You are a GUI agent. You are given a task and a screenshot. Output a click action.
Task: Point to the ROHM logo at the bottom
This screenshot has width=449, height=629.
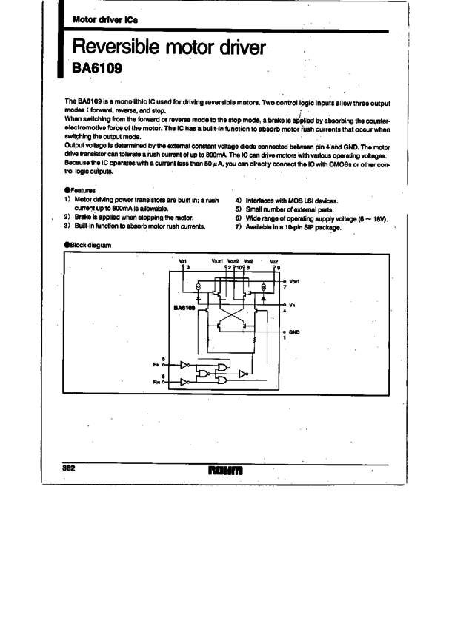coord(225,470)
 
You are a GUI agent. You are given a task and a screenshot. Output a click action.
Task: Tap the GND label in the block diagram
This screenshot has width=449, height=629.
coord(294,332)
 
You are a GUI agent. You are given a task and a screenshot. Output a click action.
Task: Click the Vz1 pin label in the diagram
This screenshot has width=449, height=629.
coord(184,261)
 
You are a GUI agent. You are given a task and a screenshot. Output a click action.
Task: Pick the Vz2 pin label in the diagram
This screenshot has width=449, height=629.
coord(274,261)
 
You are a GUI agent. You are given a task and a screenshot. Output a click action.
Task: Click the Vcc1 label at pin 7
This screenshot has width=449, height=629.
coord(294,281)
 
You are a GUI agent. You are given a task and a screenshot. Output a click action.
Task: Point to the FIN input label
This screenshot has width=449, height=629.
coord(157,365)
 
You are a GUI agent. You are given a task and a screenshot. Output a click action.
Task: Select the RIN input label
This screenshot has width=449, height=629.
coord(157,382)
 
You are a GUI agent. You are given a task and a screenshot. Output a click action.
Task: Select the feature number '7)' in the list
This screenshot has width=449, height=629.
coord(238,227)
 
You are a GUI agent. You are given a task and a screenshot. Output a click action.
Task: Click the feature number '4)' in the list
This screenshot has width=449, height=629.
coord(238,201)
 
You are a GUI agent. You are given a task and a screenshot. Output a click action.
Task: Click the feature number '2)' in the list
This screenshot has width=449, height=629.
coord(67,218)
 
